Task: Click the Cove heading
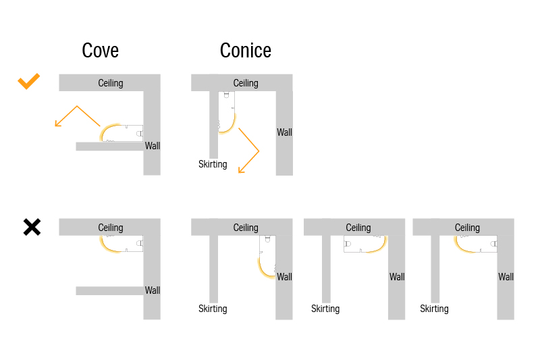100,51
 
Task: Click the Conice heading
245,51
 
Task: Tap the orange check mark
29,82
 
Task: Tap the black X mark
32,227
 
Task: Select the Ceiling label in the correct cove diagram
111,83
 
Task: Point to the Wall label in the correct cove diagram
153,146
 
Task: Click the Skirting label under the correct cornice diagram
213,164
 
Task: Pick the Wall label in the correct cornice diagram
284,132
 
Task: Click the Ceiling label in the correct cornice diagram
246,83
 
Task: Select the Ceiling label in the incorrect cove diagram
111,228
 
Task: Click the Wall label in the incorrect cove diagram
153,290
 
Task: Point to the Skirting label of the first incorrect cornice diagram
213,309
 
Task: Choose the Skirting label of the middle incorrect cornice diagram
325,309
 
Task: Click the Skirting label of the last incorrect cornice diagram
434,309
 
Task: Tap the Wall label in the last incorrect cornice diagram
506,277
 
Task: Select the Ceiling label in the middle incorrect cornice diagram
358,228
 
